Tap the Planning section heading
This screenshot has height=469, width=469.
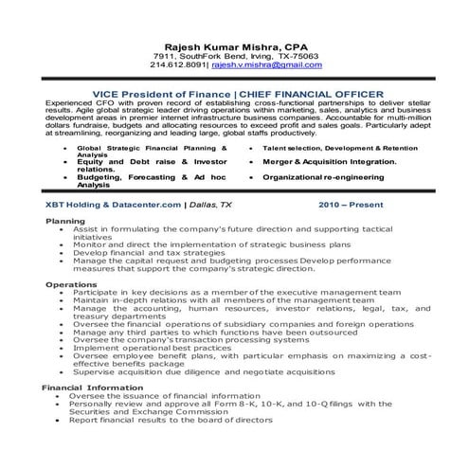coord(65,221)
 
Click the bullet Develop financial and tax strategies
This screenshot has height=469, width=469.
coord(144,255)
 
